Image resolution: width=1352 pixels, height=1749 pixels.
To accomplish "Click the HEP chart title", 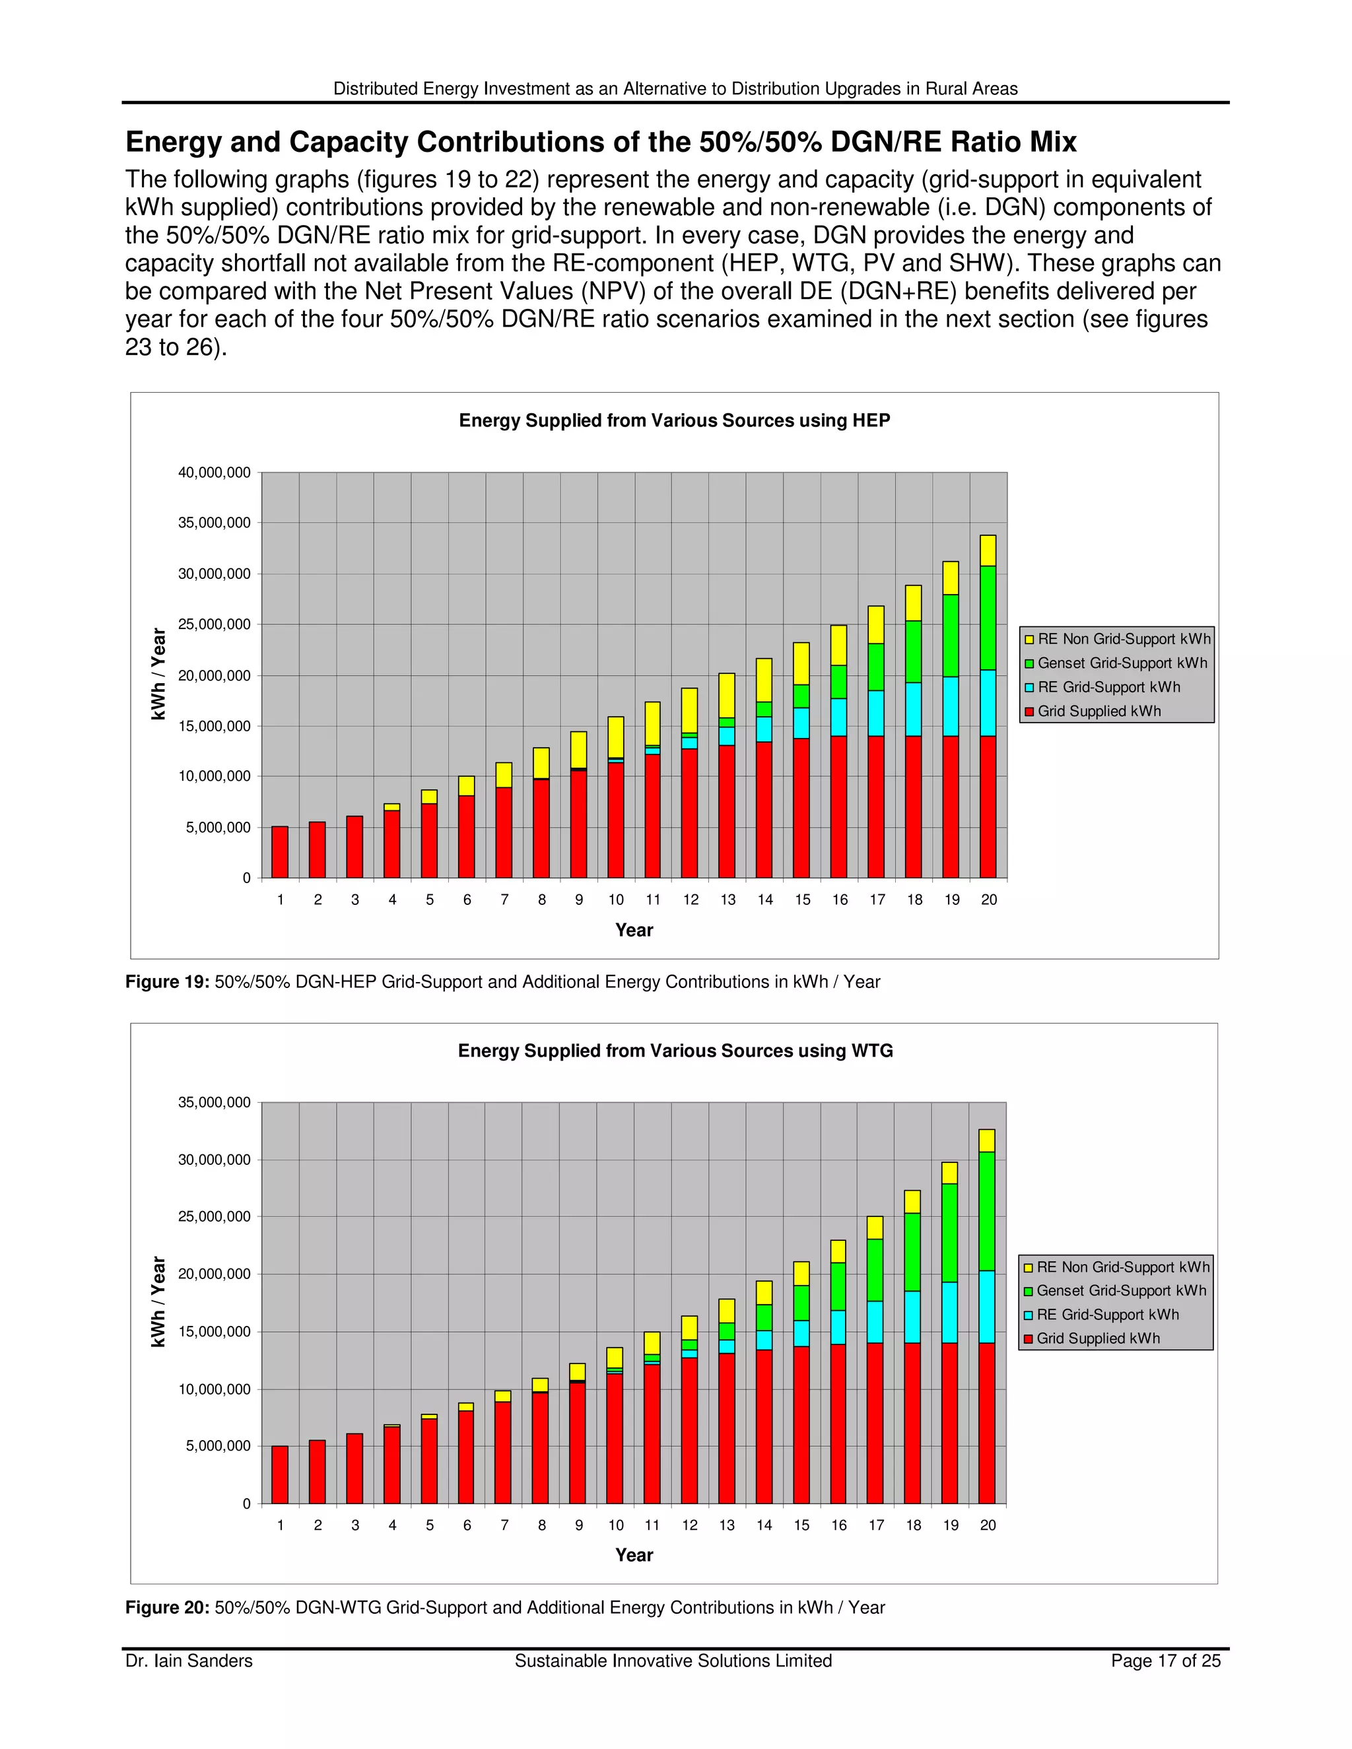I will [x=675, y=420].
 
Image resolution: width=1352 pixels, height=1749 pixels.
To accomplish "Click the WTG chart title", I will [x=675, y=1051].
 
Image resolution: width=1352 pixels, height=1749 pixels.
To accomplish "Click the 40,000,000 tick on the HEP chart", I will [x=214, y=473].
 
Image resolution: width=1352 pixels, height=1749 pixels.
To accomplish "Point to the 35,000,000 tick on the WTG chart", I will [x=214, y=1103].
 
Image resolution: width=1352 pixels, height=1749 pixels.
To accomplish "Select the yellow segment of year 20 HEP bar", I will [x=988, y=551].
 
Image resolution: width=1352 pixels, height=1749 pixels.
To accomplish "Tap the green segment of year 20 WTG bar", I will [x=988, y=1211].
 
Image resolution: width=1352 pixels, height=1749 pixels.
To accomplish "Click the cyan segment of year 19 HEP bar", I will [x=951, y=706].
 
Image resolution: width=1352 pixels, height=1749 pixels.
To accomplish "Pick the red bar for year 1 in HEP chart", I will [x=279, y=852].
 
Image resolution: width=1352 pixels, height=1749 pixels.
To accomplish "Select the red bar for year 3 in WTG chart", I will [x=355, y=1468].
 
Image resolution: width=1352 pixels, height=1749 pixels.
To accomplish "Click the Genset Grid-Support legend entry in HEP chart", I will [x=1122, y=663].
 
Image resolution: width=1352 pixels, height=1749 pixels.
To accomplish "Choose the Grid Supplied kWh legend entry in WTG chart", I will [x=1097, y=1338].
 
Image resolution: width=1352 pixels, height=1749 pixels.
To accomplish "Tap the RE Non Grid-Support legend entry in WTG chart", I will [x=1122, y=1267].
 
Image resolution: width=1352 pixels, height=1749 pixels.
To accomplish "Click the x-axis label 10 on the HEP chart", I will [x=616, y=900].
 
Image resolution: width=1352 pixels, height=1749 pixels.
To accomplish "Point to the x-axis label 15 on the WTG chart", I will [x=801, y=1525].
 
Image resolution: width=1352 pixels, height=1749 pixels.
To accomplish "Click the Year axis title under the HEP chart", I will [x=634, y=930].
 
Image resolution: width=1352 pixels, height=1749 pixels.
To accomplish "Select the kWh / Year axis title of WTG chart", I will [x=158, y=1302].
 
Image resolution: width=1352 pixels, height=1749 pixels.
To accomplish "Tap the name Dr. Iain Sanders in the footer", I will [x=189, y=1661].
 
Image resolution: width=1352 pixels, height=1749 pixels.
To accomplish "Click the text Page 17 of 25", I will [x=1165, y=1661].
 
